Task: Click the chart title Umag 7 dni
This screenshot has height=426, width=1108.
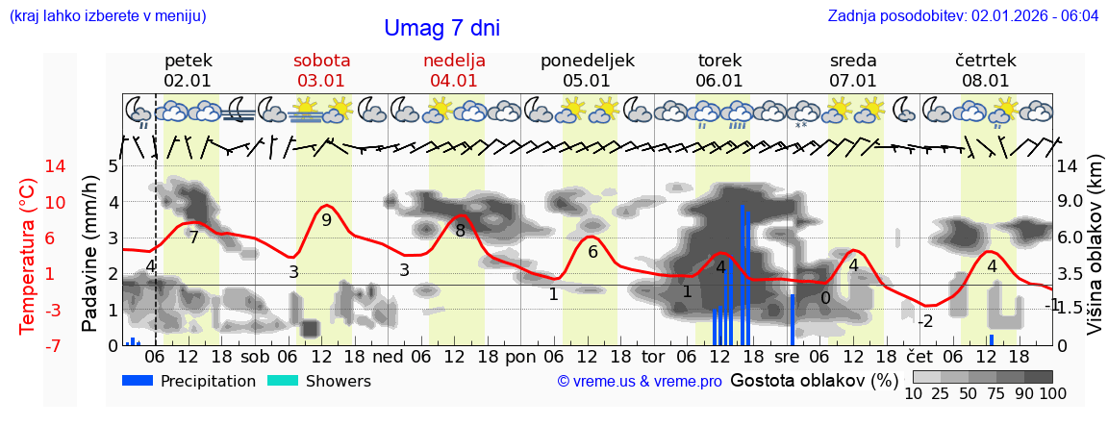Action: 441,29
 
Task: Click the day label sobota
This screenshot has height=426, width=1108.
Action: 321,61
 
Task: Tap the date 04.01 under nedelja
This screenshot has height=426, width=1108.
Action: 454,81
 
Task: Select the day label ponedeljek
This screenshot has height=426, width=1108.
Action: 587,61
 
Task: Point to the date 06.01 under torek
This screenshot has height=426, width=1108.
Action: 719,81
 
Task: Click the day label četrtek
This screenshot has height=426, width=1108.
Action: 986,61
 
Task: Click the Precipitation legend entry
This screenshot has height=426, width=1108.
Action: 189,381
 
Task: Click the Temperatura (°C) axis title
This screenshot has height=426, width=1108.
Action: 28,256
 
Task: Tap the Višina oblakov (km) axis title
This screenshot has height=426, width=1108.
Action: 1095,256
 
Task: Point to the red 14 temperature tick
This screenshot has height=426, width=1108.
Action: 28,166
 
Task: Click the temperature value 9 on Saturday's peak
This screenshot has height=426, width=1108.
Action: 326,220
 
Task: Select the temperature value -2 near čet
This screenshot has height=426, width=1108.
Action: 925,320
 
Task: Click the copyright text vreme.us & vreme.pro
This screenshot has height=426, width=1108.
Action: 640,381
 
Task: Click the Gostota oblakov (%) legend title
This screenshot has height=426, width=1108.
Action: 811,380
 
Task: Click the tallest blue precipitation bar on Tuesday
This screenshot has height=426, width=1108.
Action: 742,274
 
